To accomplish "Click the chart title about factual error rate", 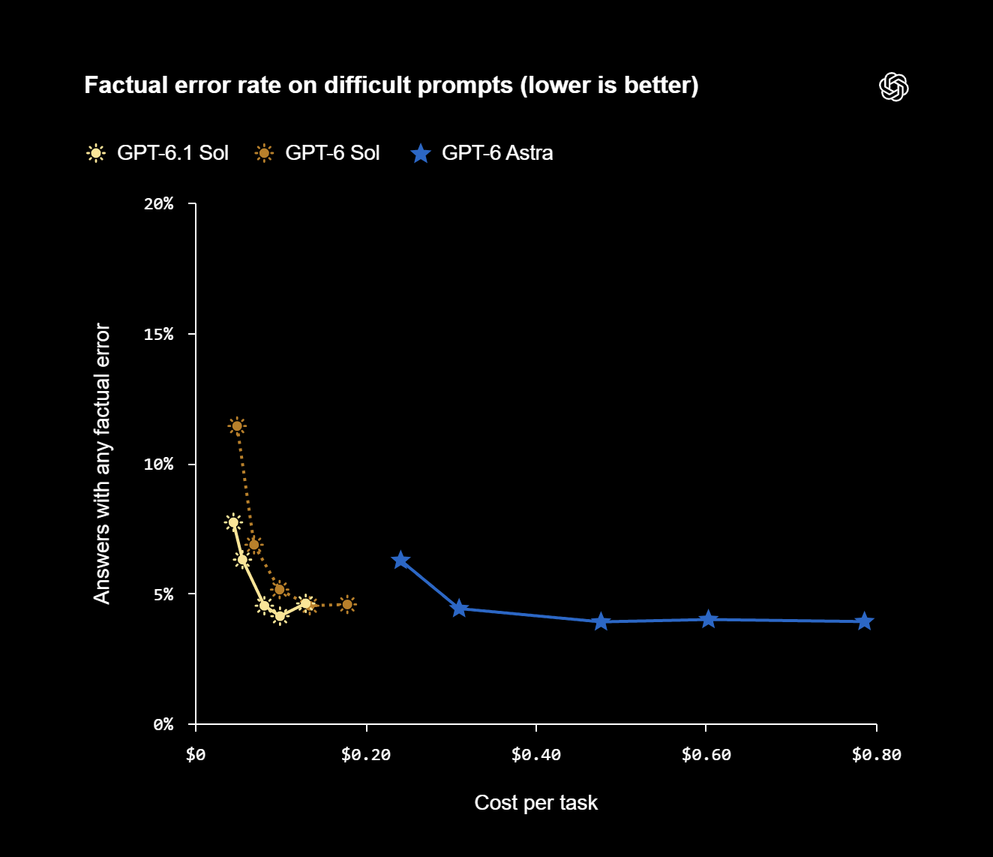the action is (391, 86).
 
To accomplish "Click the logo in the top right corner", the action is (893, 87).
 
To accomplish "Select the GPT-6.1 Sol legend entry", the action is (157, 153).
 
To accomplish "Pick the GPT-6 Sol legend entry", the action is (317, 153).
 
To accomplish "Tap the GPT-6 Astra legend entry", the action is (482, 153).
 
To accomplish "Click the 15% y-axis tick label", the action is (158, 334).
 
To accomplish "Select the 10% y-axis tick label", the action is (158, 465).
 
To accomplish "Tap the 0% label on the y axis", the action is (163, 724).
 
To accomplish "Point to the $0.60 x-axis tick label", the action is (706, 755).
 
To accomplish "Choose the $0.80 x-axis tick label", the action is (876, 755).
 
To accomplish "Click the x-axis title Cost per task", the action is (536, 803).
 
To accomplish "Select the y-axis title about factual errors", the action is (102, 463).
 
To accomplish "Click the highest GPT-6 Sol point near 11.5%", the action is (237, 425).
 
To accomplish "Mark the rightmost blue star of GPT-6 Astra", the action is (864, 621).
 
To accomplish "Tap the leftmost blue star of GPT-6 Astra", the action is (400, 560).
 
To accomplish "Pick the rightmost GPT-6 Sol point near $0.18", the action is (347, 604).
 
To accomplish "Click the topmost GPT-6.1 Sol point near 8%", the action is (233, 522).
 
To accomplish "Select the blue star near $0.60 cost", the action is (708, 619).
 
